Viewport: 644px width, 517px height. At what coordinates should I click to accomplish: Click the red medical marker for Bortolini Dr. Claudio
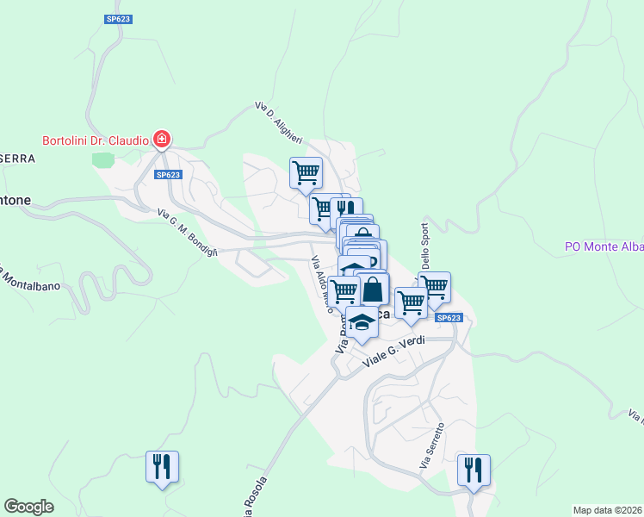click(x=161, y=139)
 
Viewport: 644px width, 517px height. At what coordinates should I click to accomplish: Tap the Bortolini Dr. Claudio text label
click(x=96, y=140)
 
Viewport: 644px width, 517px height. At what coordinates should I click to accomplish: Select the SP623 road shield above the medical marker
click(x=119, y=18)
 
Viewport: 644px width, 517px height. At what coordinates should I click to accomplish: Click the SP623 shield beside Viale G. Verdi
click(x=449, y=318)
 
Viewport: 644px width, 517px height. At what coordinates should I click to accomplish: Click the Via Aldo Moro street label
click(x=320, y=280)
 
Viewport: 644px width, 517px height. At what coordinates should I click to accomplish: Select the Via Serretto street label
click(x=432, y=445)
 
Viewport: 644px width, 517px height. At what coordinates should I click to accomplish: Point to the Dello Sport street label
click(x=424, y=246)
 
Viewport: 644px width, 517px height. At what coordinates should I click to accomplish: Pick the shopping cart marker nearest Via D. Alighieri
click(x=306, y=172)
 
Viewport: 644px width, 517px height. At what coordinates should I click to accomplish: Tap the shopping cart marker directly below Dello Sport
click(x=435, y=286)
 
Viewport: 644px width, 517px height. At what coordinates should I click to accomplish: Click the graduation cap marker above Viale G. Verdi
click(x=362, y=323)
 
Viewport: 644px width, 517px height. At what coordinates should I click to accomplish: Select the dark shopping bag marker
click(x=373, y=289)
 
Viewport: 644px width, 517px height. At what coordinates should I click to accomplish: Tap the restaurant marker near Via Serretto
click(x=473, y=470)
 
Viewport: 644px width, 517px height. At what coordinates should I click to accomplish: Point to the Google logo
click(x=28, y=507)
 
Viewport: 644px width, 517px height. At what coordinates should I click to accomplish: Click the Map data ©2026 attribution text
click(x=607, y=509)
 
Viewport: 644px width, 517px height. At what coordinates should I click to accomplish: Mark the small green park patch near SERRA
click(x=103, y=159)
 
